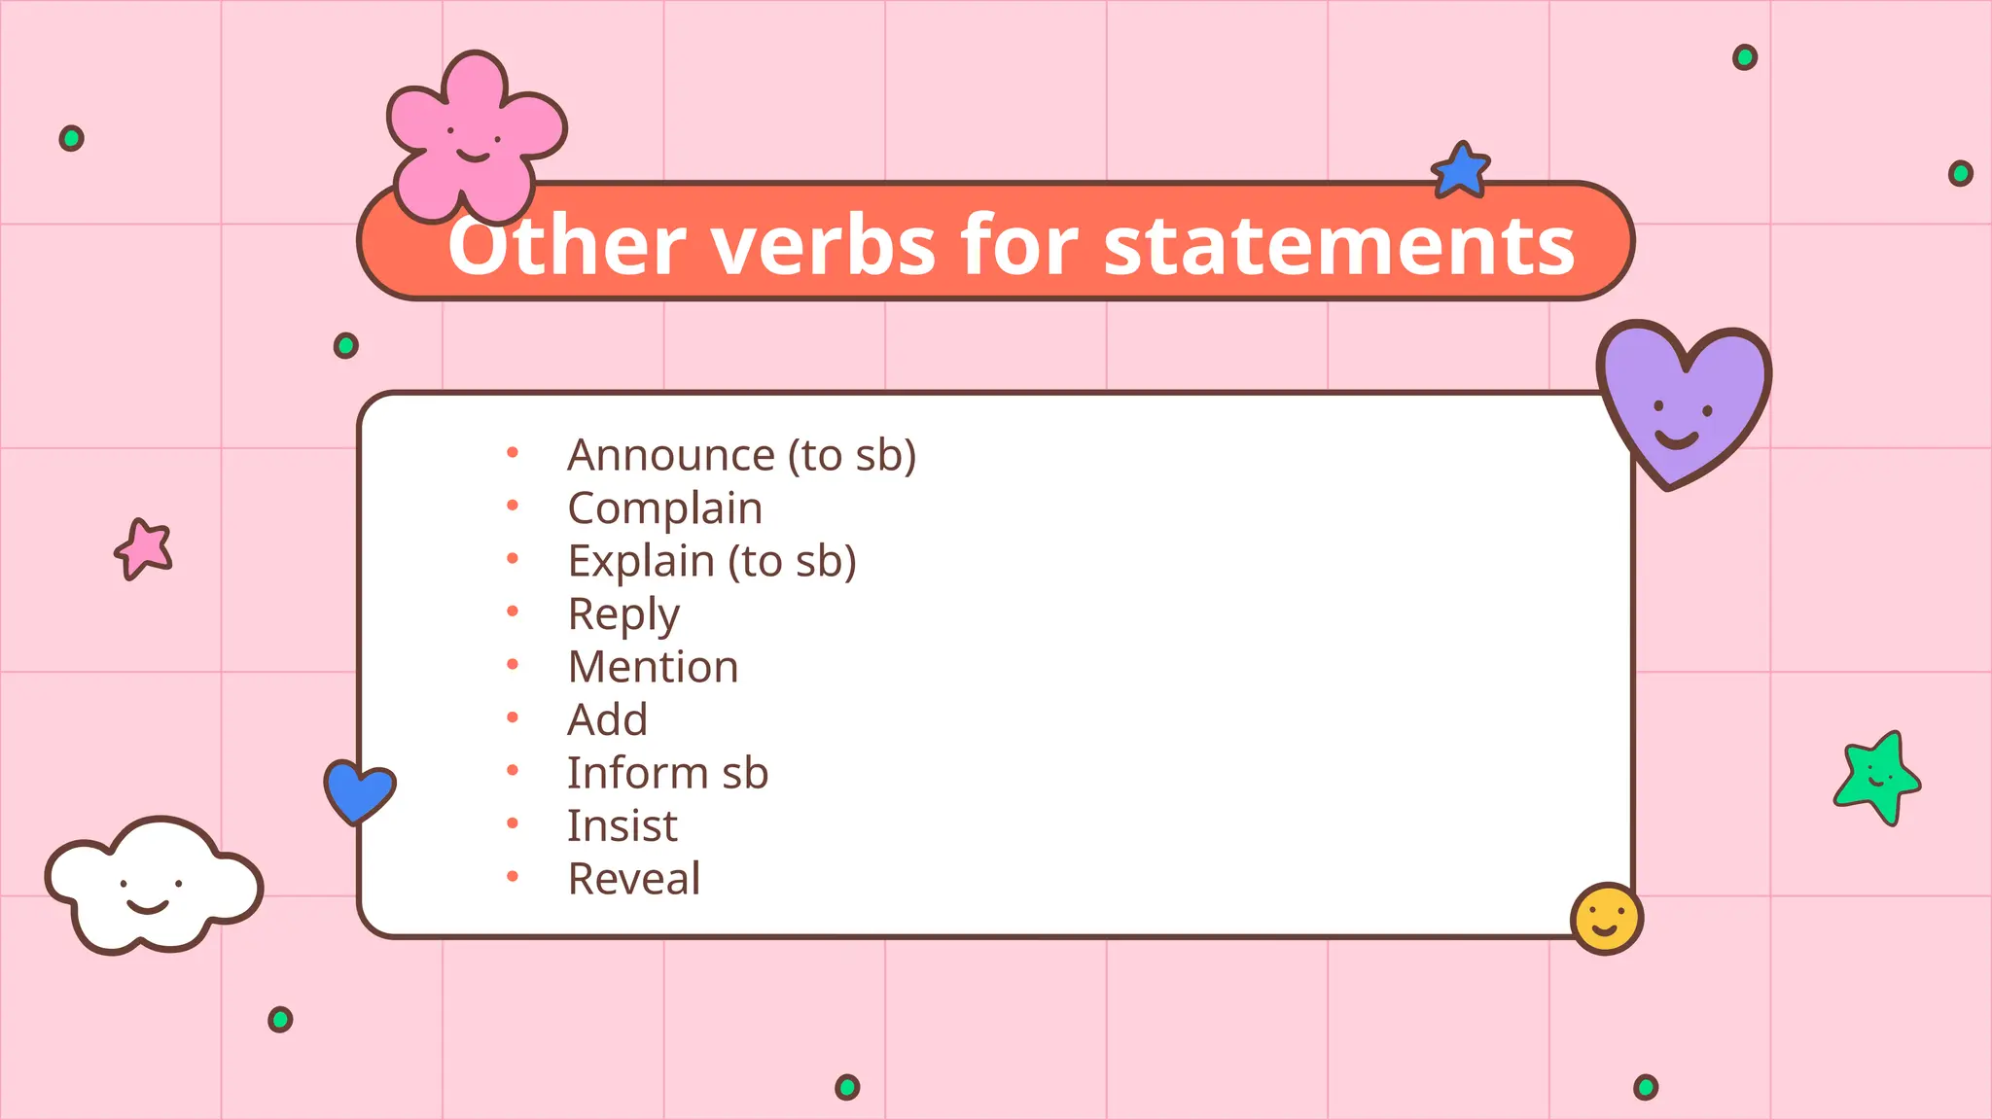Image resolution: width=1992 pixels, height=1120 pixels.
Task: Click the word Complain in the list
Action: click(664, 508)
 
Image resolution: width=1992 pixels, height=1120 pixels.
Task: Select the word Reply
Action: click(623, 614)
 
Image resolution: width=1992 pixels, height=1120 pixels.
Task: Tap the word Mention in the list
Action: click(653, 667)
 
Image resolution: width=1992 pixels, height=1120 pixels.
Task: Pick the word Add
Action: click(607, 720)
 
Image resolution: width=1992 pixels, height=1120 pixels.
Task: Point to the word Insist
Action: click(622, 826)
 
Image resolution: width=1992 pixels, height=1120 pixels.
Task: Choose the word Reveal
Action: click(633, 879)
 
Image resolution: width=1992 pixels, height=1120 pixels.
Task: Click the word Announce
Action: click(671, 455)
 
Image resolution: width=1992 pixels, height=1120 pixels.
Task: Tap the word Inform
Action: click(637, 773)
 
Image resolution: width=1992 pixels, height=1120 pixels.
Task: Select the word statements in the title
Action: click(1338, 245)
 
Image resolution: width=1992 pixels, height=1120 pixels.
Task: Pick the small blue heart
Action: click(359, 789)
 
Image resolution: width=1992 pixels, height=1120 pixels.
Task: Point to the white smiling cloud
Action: click(153, 885)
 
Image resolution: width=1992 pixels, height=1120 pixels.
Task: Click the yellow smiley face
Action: click(1606, 918)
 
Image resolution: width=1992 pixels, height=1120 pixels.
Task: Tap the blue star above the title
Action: click(1461, 171)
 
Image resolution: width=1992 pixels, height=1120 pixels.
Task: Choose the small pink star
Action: click(145, 548)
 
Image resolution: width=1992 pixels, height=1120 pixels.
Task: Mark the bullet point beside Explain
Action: click(513, 558)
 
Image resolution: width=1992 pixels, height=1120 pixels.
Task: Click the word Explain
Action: click(641, 561)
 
